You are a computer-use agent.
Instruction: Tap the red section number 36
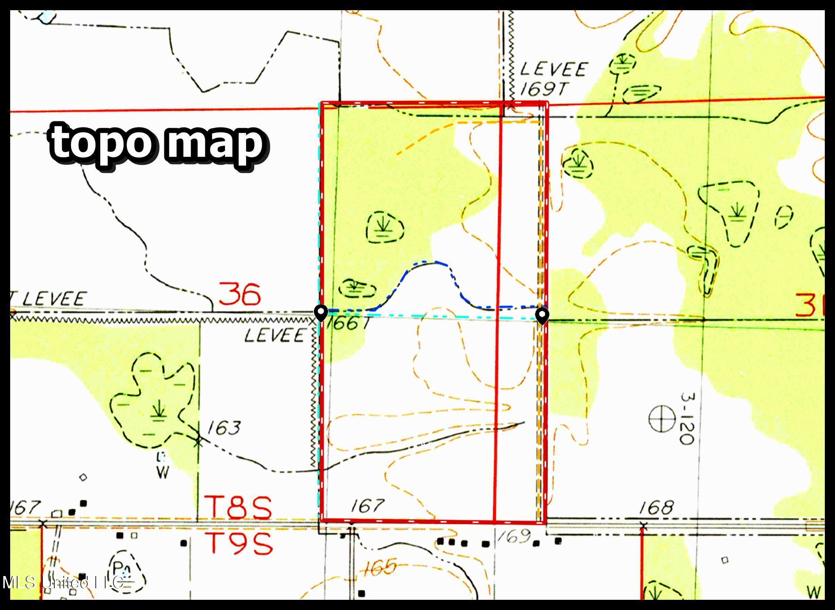[x=240, y=294]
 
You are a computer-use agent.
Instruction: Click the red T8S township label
[x=238, y=507]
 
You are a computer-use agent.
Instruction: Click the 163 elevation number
[x=223, y=428]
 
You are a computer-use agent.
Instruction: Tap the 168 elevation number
[x=656, y=508]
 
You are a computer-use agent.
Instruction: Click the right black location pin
[x=542, y=316]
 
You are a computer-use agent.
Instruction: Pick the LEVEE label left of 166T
[x=275, y=336]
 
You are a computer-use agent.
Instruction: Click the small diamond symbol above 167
[x=83, y=478]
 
